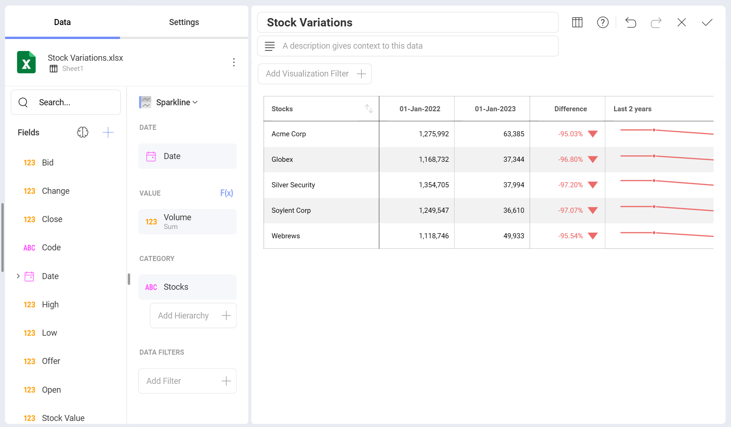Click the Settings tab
click(184, 22)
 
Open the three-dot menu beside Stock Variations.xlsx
click(234, 63)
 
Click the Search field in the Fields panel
click(66, 102)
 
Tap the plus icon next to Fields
click(108, 133)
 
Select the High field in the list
click(50, 305)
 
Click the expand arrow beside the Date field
click(18, 276)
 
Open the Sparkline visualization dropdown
click(176, 102)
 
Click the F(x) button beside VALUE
click(226, 193)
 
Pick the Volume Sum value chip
click(187, 222)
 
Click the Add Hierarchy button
click(193, 316)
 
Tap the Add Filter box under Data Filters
click(187, 381)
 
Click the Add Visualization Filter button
click(314, 74)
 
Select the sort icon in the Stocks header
click(369, 108)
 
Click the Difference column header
click(571, 109)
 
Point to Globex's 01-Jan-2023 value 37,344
click(513, 159)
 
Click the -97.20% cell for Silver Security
click(571, 185)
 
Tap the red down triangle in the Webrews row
click(592, 236)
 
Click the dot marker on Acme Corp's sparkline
click(654, 130)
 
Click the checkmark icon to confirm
click(707, 22)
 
